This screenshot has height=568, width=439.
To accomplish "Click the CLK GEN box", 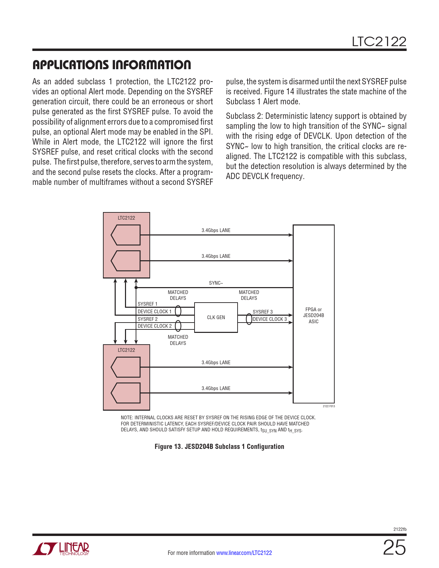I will point(216,317).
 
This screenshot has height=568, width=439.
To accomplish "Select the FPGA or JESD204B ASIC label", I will point(313,315).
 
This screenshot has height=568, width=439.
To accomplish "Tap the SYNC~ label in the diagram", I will point(216,283).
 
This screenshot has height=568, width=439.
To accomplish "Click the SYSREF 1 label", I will point(147,304).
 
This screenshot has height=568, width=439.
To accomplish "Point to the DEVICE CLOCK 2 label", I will point(155,326).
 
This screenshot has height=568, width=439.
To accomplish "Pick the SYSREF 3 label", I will point(263,312).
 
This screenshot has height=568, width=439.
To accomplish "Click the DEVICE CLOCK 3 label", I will point(270,319).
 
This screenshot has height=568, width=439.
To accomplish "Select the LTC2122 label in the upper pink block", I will point(126,218).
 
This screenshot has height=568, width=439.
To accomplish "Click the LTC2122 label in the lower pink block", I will point(126,350).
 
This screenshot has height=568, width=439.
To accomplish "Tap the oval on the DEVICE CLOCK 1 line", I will point(178,311).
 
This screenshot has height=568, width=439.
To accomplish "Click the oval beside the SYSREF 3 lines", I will point(249,319).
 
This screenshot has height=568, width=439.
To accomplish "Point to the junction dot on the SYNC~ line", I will point(136,287).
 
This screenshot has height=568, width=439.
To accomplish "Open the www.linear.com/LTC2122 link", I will point(244,553).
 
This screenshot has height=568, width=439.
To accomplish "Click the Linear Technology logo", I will point(61,549).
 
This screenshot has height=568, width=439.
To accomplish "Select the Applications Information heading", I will point(112,65).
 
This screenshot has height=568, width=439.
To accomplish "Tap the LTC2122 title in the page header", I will point(379,42).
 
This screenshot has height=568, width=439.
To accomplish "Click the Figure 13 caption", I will point(219,446).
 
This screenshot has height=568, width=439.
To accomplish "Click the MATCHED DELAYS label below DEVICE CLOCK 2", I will point(178,340).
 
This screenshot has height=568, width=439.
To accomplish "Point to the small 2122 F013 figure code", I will point(329,406).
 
